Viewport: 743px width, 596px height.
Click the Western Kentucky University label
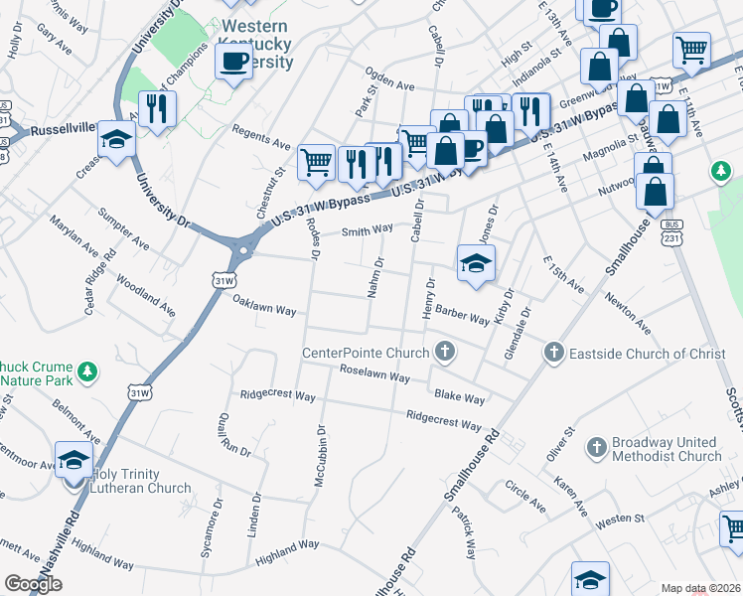[257, 44]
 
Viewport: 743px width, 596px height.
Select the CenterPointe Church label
[366, 353]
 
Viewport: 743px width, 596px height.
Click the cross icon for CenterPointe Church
[445, 352]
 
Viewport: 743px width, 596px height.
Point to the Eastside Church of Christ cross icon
[553, 353]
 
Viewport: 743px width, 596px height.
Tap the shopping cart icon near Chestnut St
[317, 162]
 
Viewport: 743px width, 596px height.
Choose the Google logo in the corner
[33, 584]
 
